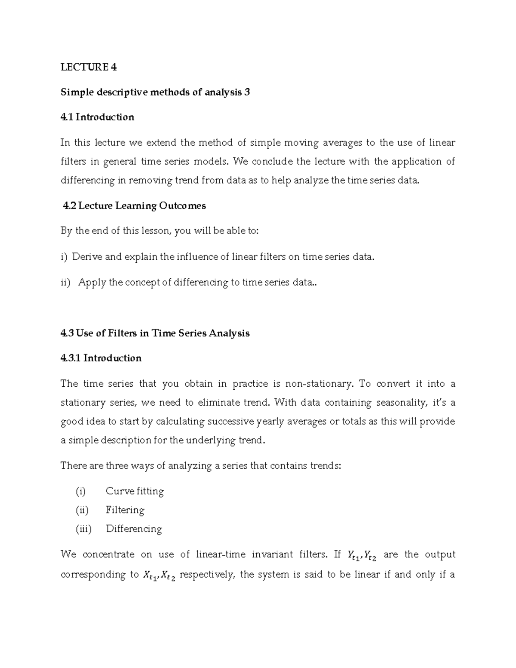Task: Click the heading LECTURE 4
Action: coord(89,67)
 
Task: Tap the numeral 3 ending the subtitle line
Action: coord(247,92)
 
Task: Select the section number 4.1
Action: coord(67,117)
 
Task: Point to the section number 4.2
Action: coord(69,206)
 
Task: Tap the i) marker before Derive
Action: coord(64,257)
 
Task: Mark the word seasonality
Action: coord(402,403)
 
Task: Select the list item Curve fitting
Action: coord(135,491)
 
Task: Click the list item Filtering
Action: coord(125,510)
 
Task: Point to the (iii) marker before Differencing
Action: coord(83,529)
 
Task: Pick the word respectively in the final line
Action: coord(207,575)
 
